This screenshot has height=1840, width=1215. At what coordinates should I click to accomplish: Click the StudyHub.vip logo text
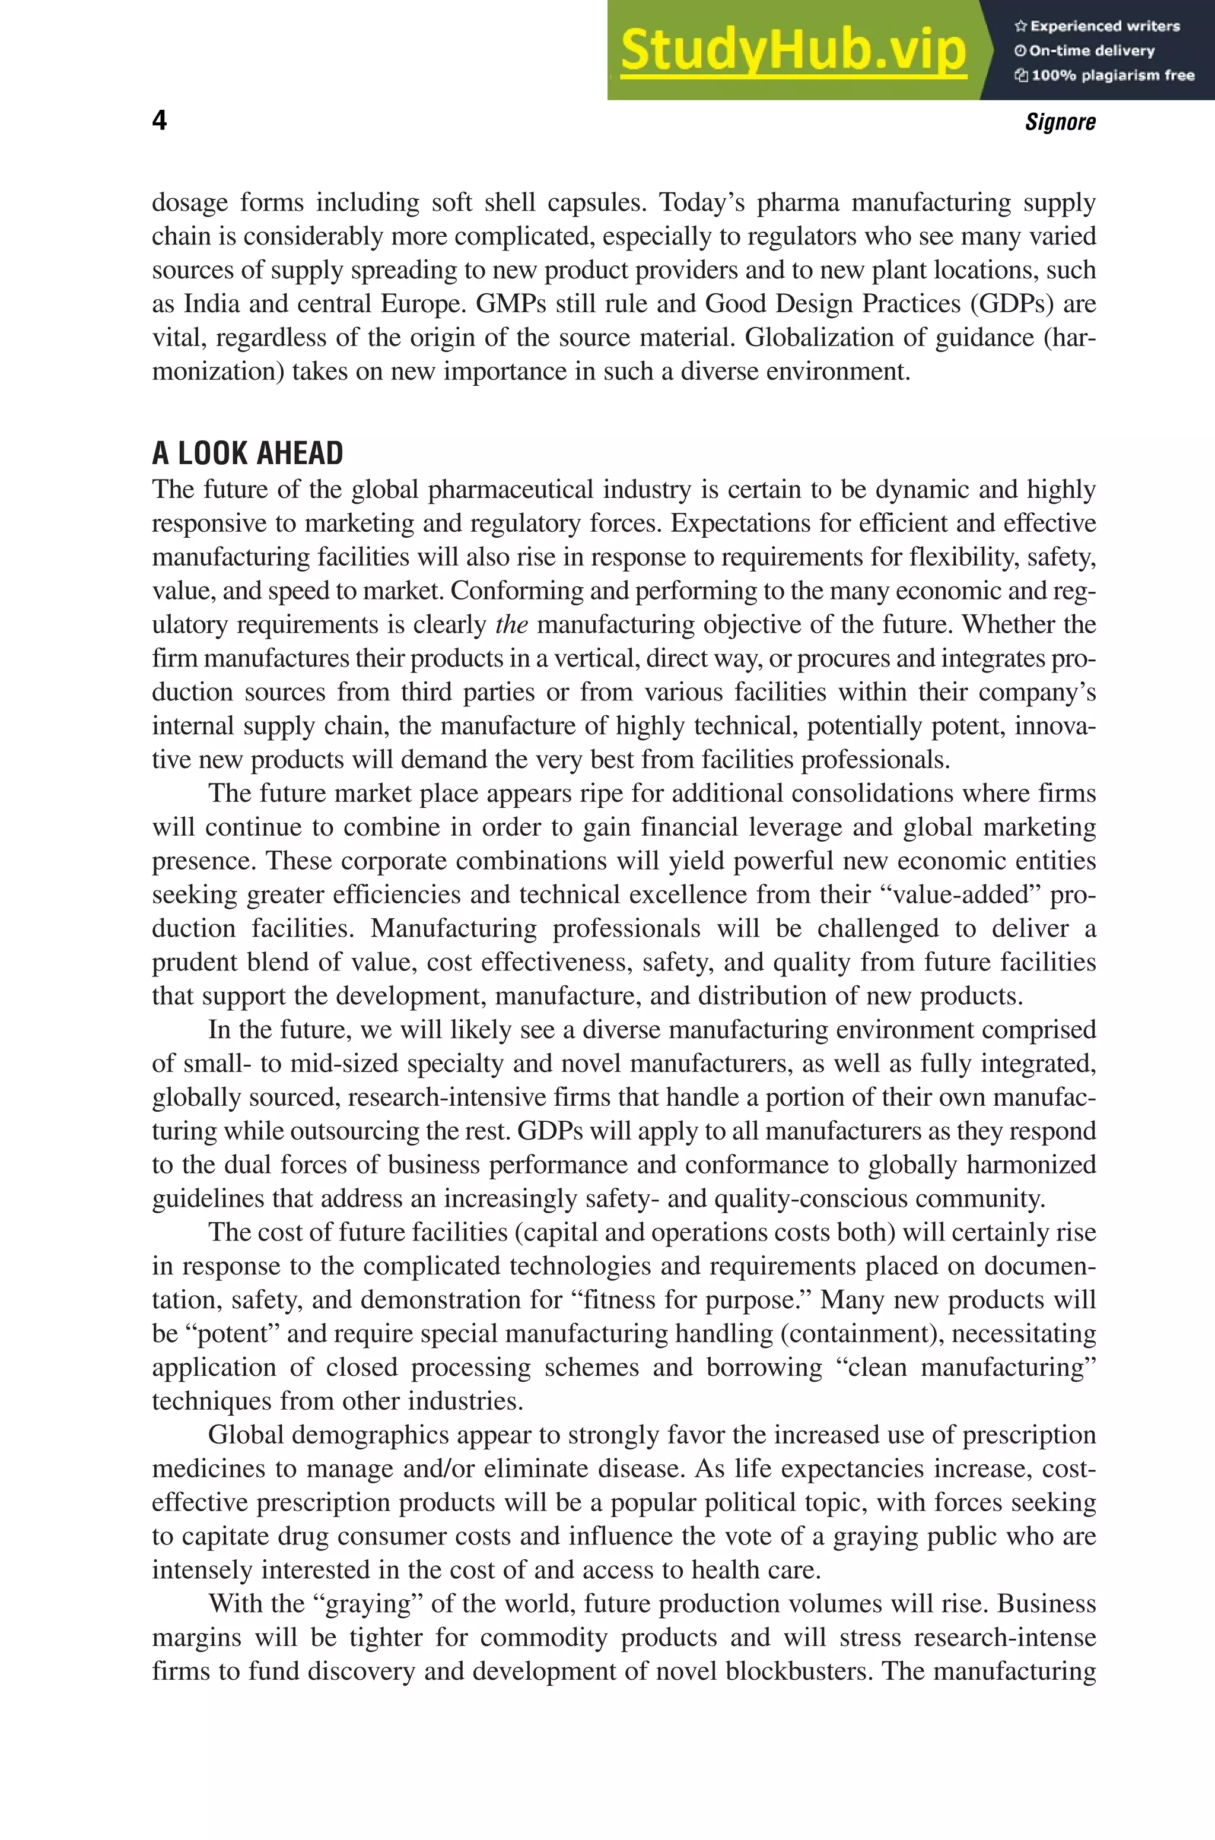click(793, 51)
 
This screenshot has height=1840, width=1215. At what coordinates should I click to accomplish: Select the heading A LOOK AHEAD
click(247, 453)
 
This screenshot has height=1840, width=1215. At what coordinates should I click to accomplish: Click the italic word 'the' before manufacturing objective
click(511, 624)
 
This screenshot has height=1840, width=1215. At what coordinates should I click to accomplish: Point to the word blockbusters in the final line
click(797, 1670)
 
